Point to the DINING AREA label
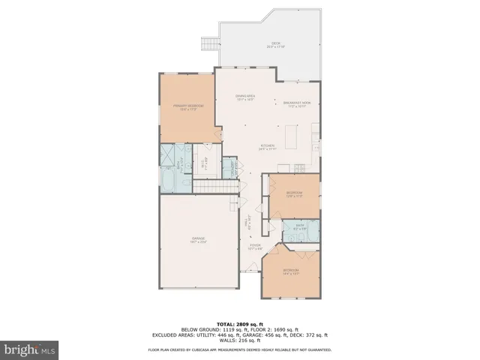[245, 97]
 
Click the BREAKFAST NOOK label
[297, 103]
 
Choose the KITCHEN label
[268, 147]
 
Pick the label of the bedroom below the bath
[290, 271]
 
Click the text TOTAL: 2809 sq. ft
[239, 324]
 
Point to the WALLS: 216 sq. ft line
[239, 341]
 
